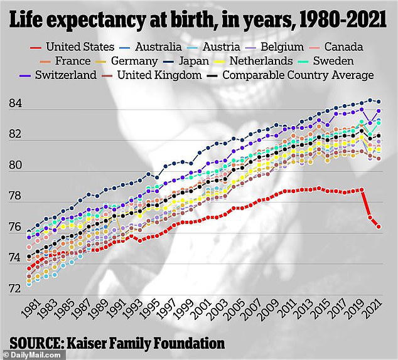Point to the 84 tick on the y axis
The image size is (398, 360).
[16, 103]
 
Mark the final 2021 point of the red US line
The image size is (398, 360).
[379, 226]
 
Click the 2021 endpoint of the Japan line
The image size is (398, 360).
[379, 101]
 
